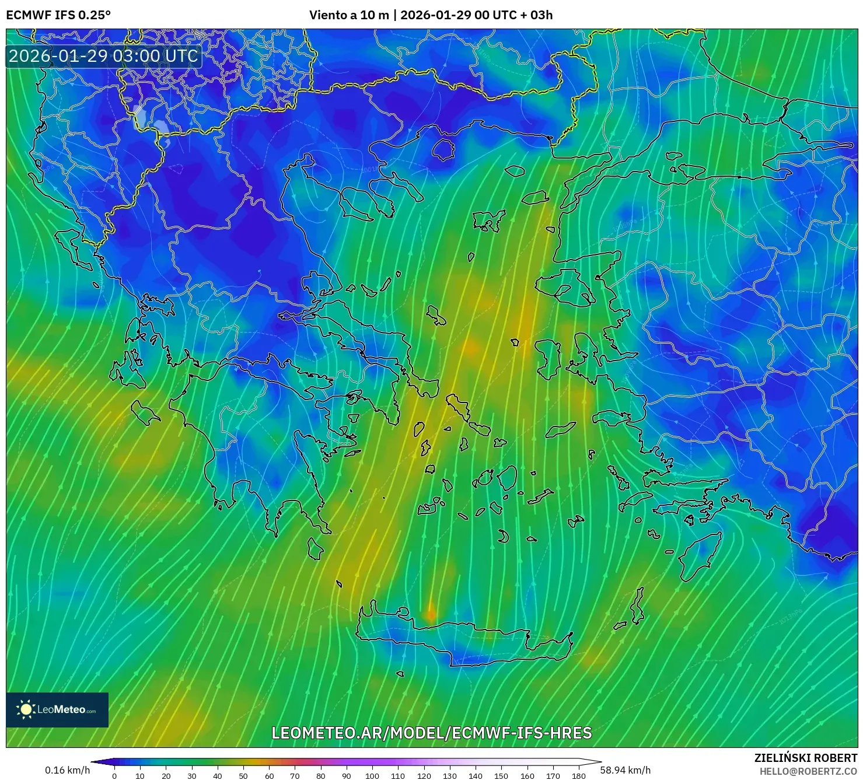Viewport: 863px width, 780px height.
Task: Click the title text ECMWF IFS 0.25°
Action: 58,15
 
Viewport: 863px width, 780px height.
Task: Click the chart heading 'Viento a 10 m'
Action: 349,15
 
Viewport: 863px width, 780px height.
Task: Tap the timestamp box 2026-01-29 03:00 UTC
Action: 103,56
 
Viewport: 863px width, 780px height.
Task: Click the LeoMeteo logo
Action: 57,709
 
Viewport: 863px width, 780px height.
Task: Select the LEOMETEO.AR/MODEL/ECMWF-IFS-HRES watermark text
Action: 432,733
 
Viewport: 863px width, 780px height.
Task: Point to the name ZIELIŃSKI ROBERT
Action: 805,758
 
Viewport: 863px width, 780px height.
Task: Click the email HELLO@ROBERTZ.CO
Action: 808,771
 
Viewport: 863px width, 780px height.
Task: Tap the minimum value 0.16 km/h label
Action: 68,770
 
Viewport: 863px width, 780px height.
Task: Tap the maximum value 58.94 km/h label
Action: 625,770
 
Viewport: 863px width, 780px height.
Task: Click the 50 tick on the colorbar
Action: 243,776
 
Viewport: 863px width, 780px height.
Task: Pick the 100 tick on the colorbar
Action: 372,776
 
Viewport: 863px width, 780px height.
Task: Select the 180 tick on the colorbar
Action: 578,776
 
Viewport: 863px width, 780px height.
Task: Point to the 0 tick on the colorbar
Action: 114,776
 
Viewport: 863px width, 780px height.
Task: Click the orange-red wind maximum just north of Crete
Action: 431,613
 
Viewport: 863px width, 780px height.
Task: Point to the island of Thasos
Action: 443,149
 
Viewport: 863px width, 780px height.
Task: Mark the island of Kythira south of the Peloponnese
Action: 315,548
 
